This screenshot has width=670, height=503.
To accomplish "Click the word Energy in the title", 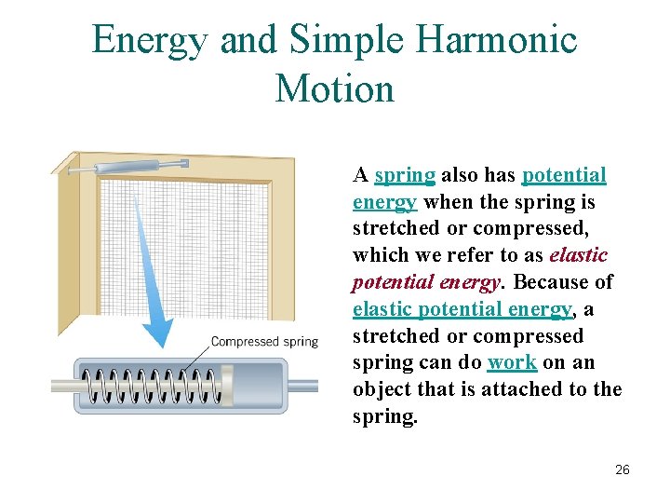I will [149, 41].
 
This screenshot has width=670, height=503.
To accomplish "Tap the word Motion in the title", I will [335, 89].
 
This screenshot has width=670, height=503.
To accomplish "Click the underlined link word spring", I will [405, 176].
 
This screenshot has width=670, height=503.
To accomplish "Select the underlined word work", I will [511, 362].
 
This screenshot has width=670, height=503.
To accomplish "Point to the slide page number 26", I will [622, 469].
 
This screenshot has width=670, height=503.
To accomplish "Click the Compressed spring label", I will [264, 342].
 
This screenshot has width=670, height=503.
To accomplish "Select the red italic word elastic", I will [578, 255].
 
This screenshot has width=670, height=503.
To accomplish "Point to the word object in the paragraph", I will [382, 389].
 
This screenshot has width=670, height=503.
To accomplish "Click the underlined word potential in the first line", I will [564, 176].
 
